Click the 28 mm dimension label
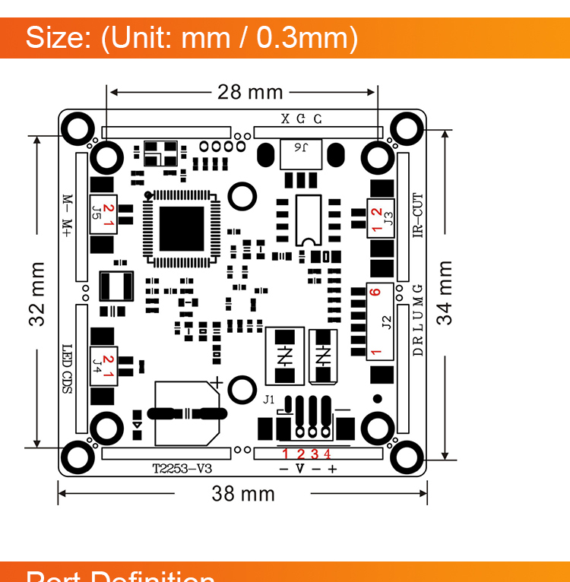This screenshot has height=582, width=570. click(250, 93)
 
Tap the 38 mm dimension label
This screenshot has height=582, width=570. click(243, 494)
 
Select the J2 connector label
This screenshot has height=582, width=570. click(386, 323)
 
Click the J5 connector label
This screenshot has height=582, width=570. click(97, 212)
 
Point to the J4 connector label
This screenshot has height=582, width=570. click(97, 365)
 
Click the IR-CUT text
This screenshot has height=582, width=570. click(417, 216)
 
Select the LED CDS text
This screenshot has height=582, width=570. click(67, 368)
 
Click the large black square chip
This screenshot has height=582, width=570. click(182, 229)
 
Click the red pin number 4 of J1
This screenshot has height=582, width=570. click(328, 454)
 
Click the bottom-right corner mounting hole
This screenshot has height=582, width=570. click(407, 458)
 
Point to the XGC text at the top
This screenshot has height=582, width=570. click(302, 119)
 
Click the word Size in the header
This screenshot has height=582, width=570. click(59, 38)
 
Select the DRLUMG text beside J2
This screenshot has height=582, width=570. click(417, 321)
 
